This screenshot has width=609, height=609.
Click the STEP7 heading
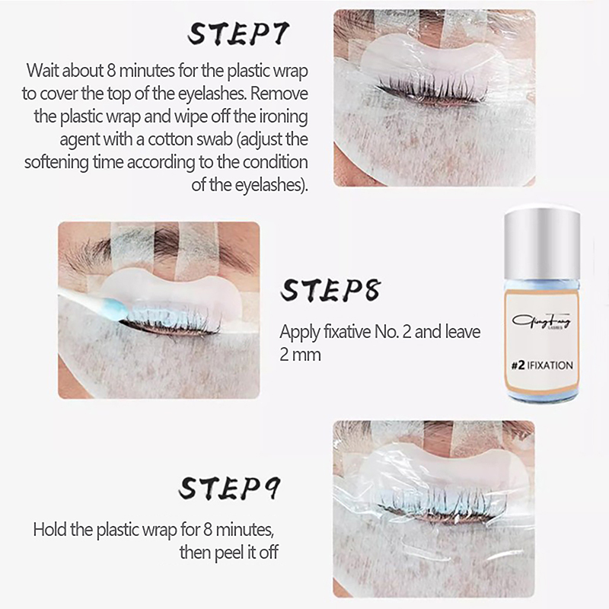coord(238,33)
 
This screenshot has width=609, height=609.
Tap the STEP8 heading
coord(330,290)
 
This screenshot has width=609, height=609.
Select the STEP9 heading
coord(229,487)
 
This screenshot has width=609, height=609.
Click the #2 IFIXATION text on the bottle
coord(542,365)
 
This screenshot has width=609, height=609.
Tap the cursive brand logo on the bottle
coord(541,321)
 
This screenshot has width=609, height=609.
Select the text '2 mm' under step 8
coord(300,355)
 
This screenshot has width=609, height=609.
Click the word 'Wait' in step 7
coord(43,71)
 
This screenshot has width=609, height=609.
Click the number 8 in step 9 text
coord(208,529)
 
